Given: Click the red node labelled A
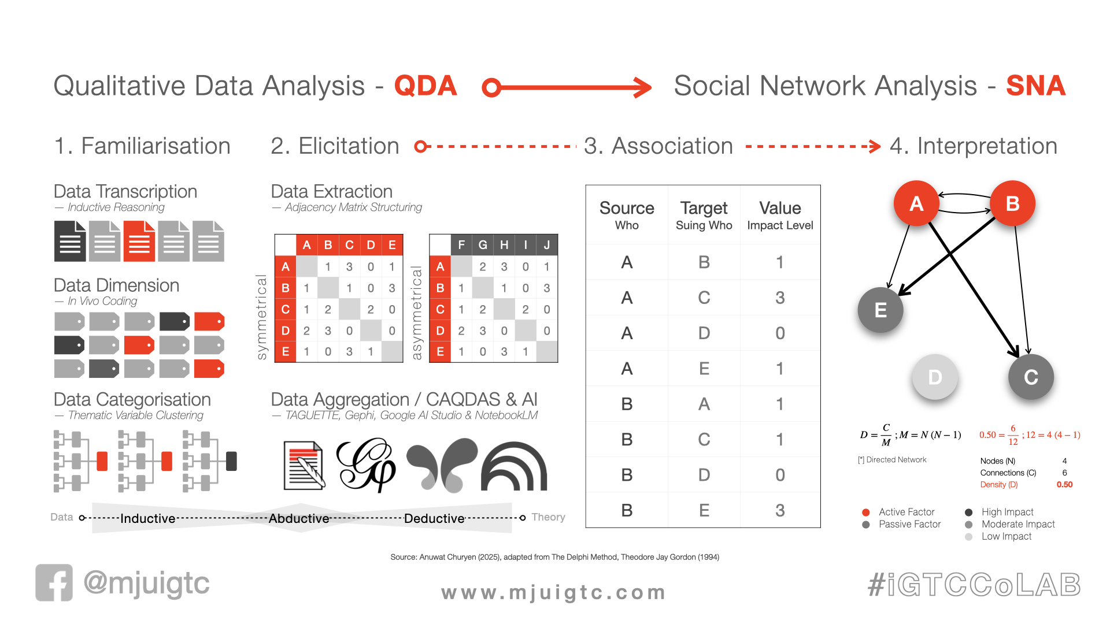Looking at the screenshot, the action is [x=916, y=203].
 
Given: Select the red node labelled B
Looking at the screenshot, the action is [x=1012, y=203].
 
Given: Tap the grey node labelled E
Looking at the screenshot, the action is [x=880, y=310].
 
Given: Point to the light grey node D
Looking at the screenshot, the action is [x=935, y=377].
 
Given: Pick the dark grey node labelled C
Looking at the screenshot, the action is [x=1031, y=377].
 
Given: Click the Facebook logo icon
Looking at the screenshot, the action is [x=54, y=582].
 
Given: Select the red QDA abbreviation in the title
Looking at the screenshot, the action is [x=425, y=86].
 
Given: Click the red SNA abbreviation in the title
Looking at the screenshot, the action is [x=1035, y=86].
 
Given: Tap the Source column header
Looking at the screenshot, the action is [x=627, y=208].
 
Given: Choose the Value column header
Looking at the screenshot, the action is [x=780, y=208].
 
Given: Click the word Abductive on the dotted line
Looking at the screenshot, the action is [x=299, y=518].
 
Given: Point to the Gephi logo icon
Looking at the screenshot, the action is [x=366, y=465].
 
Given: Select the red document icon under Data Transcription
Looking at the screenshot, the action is [x=139, y=241].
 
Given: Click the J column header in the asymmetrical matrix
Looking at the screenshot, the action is [x=547, y=245].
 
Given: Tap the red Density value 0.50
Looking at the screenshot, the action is [x=1064, y=485].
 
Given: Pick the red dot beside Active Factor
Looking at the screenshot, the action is [x=866, y=512].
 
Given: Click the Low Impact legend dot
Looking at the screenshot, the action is [x=969, y=537].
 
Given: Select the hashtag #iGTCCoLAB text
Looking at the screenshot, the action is [x=974, y=585].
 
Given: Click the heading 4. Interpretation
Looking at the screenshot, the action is [x=974, y=146].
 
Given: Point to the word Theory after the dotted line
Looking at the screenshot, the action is [x=548, y=517].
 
